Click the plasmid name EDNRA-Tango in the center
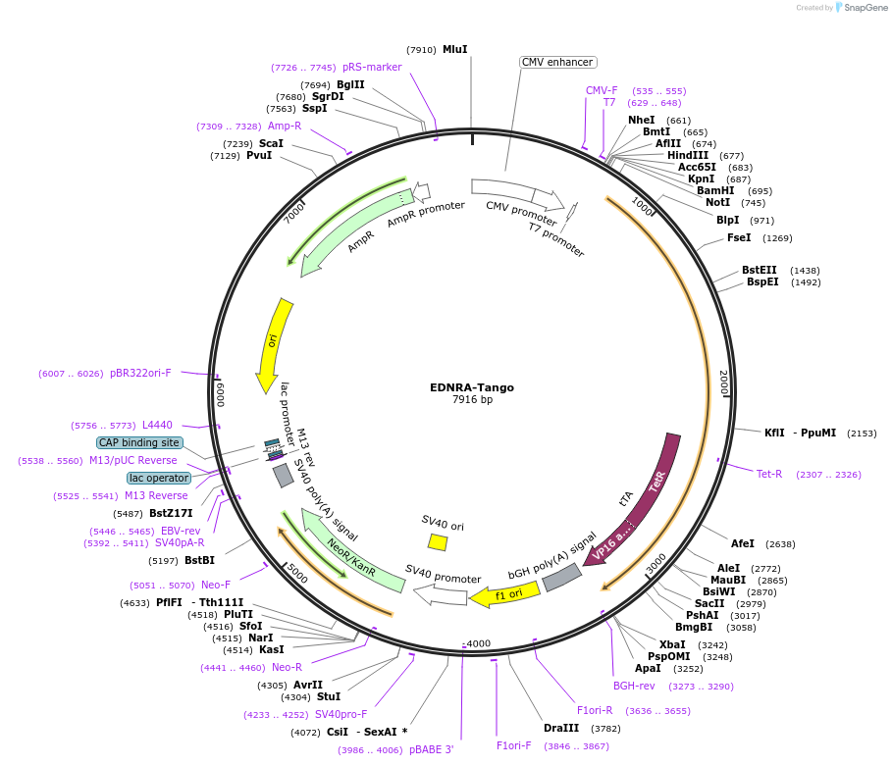coord(471,387)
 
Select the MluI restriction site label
coord(454,49)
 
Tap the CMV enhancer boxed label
coord(557,62)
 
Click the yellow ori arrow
coord(275,343)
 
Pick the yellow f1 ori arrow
coord(505,593)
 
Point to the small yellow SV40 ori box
coord(438,541)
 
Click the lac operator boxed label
coord(159,478)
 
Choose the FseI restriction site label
coord(739,237)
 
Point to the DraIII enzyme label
coord(561,728)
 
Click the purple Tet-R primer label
coord(769,474)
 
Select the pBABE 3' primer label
coord(431,749)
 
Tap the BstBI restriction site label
coord(199,560)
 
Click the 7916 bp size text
coord(471,400)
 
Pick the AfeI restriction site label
coord(743,543)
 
